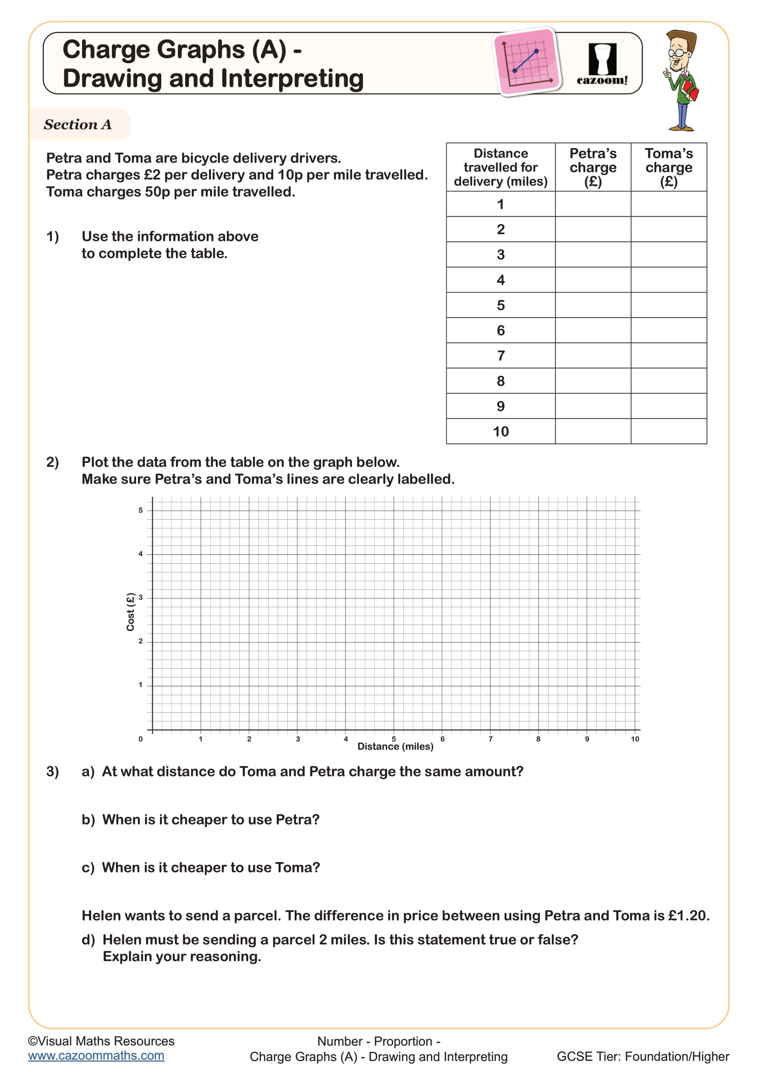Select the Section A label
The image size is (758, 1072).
(x=77, y=125)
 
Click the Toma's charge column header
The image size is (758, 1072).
(x=668, y=167)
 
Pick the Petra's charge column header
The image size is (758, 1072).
(x=593, y=167)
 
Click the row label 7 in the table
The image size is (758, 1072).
(x=500, y=356)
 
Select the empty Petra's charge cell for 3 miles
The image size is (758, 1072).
(x=593, y=254)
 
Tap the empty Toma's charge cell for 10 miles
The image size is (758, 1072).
(x=668, y=431)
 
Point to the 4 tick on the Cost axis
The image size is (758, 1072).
(x=141, y=554)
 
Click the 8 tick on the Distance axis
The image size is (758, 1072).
(x=538, y=739)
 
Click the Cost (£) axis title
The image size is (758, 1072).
(x=130, y=612)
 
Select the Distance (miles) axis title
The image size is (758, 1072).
(x=395, y=747)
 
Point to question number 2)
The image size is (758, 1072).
(x=52, y=462)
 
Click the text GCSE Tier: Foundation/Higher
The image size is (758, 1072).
(x=643, y=1056)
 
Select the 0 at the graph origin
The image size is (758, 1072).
(x=141, y=739)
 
